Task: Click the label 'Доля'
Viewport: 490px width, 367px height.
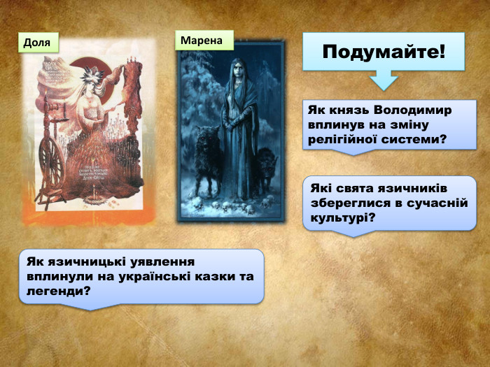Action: point(37,43)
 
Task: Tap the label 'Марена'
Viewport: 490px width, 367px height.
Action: point(202,41)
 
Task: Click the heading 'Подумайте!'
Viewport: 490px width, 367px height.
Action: point(383,52)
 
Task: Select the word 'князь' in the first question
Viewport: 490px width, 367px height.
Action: point(348,110)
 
